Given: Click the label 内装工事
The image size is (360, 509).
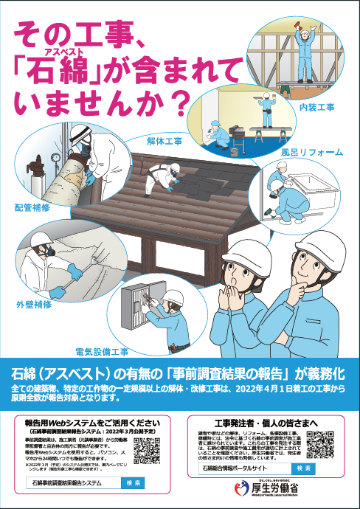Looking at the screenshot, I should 316,108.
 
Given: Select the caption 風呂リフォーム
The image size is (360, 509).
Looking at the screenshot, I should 312,152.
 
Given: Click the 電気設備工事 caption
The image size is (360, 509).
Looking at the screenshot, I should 103,351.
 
